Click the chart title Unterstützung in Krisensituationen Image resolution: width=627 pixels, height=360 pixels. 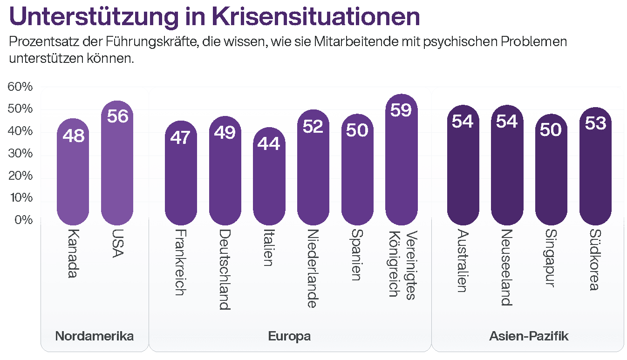(x=214, y=16)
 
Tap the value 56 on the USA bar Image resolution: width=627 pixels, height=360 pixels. (x=117, y=116)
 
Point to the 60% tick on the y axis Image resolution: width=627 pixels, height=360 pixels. (x=20, y=87)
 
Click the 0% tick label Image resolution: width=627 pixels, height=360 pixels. (x=23, y=220)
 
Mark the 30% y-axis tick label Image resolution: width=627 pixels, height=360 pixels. (x=20, y=154)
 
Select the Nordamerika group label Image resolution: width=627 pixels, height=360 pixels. (x=95, y=336)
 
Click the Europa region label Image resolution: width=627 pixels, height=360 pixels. (x=289, y=336)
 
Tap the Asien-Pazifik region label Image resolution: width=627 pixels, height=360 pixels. (x=529, y=336)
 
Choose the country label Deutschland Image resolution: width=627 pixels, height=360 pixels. (x=225, y=269)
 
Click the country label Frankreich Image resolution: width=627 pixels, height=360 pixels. (x=181, y=262)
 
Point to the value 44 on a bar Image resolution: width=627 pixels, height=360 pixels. (x=269, y=143)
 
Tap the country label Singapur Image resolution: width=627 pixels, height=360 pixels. (x=551, y=258)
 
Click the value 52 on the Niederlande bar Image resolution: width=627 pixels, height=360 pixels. (x=313, y=126)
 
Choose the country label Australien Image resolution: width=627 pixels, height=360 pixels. (x=463, y=261)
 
